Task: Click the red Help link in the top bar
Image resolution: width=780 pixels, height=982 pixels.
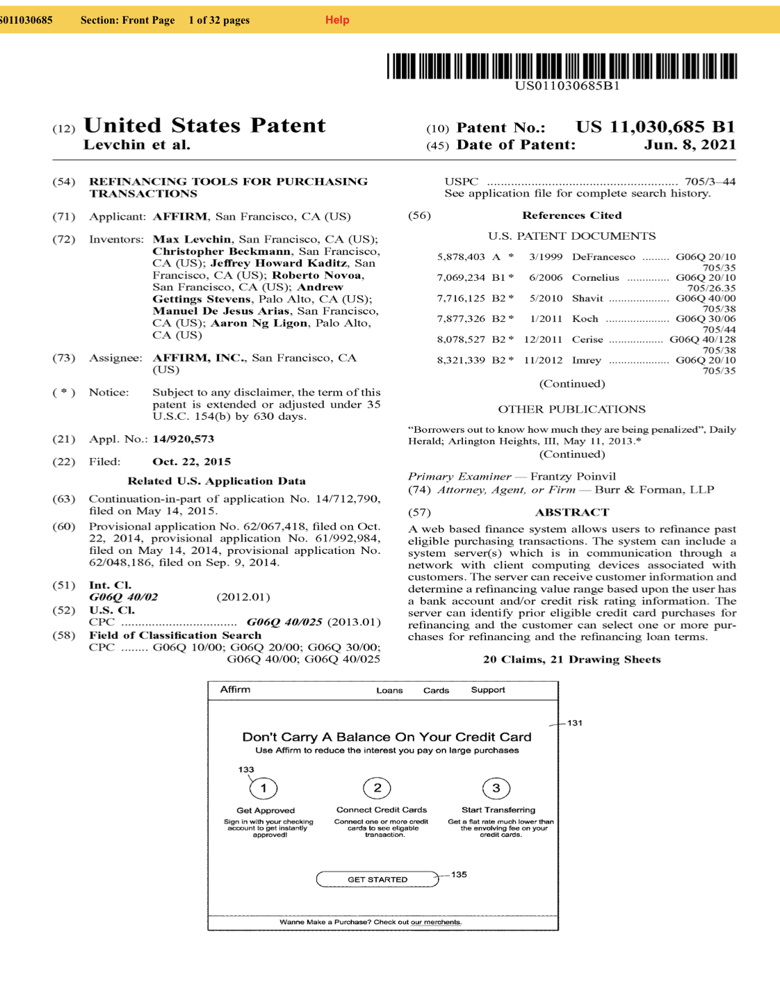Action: [x=337, y=20]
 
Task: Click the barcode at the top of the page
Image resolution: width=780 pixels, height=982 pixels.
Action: [x=562, y=66]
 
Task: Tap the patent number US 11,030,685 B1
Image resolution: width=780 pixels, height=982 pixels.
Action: [x=655, y=127]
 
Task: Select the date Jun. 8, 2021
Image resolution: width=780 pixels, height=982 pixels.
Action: [x=690, y=145]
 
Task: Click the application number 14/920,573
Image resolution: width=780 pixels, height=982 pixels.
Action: [x=184, y=439]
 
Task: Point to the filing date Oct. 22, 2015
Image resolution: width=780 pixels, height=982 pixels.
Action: [x=191, y=461]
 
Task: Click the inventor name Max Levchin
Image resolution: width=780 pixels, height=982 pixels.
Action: [x=192, y=239]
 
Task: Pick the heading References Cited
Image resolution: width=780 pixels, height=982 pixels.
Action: [x=571, y=215]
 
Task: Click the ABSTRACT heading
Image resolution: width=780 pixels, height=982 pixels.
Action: [x=571, y=512]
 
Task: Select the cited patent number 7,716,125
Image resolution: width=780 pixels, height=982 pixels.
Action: [x=461, y=298]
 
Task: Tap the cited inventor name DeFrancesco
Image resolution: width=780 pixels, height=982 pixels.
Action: [x=603, y=256]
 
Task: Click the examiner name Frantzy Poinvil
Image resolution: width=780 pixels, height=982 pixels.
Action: [x=573, y=476]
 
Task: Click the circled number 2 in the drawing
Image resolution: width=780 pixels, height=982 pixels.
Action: [x=377, y=788]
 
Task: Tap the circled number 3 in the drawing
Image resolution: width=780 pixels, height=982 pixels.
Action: [x=496, y=788]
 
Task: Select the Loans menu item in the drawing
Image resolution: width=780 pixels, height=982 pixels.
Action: [x=389, y=690]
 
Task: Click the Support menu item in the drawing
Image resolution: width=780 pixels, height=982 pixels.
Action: [x=488, y=690]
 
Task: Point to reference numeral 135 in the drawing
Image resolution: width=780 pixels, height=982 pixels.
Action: [x=459, y=874]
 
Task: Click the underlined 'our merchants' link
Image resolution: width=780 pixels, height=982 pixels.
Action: [x=436, y=922]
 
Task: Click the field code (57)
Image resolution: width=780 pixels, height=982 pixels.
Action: [x=419, y=512]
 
